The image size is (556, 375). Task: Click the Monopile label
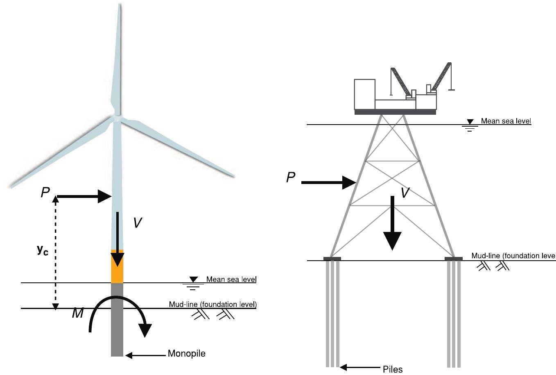click(x=186, y=353)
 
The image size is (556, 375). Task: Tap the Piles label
click(x=393, y=369)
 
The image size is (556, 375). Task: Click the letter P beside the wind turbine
click(x=45, y=193)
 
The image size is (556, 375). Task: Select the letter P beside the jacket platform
click(x=291, y=177)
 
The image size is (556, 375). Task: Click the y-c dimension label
click(x=42, y=250)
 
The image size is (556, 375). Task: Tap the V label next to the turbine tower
click(x=138, y=223)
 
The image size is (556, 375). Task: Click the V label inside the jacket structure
click(x=405, y=192)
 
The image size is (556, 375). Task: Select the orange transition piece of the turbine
click(x=117, y=266)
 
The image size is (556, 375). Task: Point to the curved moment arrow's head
click(x=145, y=330)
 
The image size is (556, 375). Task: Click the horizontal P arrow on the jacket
click(x=328, y=182)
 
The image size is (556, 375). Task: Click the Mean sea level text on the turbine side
click(x=231, y=280)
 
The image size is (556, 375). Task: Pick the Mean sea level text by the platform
click(x=506, y=121)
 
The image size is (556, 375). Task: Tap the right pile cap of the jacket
click(x=454, y=259)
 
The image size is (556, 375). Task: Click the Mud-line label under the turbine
click(x=212, y=305)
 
